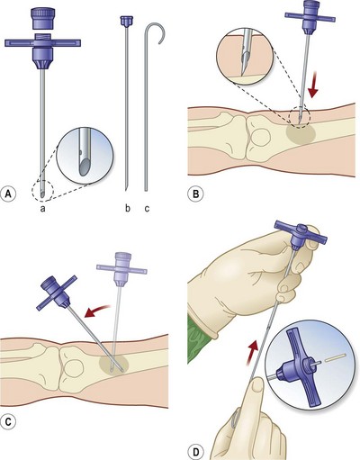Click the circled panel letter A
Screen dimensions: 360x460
pyautogui.click(x=9, y=194)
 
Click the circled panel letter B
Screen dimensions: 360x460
pyautogui.click(x=195, y=194)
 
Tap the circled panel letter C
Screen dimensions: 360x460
pyautogui.click(x=8, y=421)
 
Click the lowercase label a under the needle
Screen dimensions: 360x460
pyautogui.click(x=43, y=208)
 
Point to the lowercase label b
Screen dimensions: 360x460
pyautogui.click(x=128, y=208)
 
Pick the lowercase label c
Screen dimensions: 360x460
pyautogui.click(x=147, y=208)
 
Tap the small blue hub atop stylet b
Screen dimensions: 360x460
pyautogui.click(x=124, y=21)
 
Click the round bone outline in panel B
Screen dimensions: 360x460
pyautogui.click(x=261, y=137)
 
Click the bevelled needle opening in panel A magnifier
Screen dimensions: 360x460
pyautogui.click(x=85, y=166)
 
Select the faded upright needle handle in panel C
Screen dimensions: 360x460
pyautogui.click(x=121, y=269)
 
